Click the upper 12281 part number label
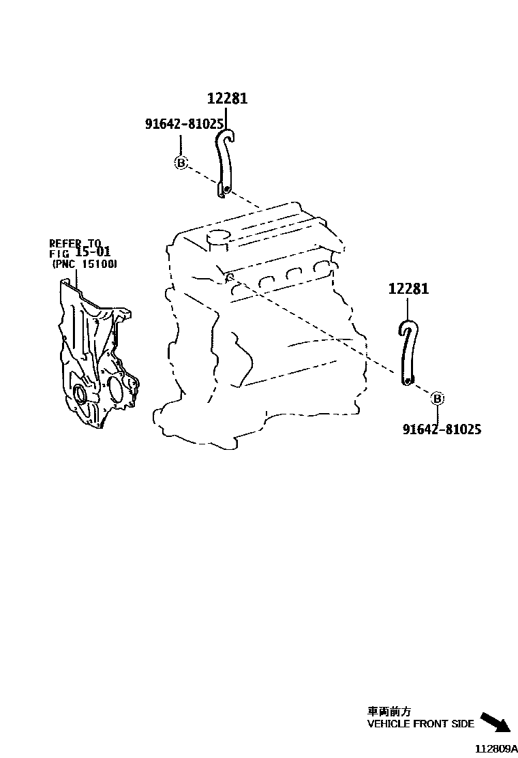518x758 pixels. [228, 99]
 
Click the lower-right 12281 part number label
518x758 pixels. [409, 289]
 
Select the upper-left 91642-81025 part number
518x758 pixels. [184, 123]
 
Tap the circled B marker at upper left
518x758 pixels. [181, 163]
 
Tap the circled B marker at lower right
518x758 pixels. [438, 399]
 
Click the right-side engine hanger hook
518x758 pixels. [407, 351]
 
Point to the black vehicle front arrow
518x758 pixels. [495, 723]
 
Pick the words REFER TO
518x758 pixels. [74, 243]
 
